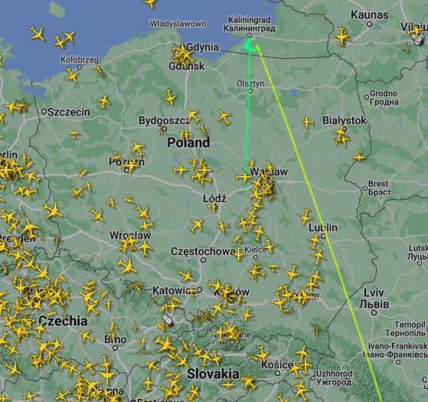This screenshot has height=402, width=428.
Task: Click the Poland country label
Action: [x=188, y=143]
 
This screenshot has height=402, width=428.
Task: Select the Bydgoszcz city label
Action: [x=163, y=121]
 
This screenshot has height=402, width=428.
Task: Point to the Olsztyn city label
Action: [x=250, y=83]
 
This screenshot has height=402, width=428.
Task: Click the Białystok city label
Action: [x=345, y=121]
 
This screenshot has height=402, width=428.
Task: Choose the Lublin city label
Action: [x=322, y=228]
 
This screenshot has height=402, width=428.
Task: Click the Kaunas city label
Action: [x=370, y=15]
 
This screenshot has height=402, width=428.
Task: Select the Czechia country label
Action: [x=63, y=321]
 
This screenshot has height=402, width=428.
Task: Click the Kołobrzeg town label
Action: [x=80, y=59]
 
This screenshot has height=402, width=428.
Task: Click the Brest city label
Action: [x=379, y=184]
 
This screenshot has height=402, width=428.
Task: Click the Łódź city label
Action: [x=214, y=198]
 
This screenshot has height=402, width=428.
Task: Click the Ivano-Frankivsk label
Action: [x=396, y=346]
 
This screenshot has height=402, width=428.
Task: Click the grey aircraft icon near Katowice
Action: [x=168, y=320]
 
